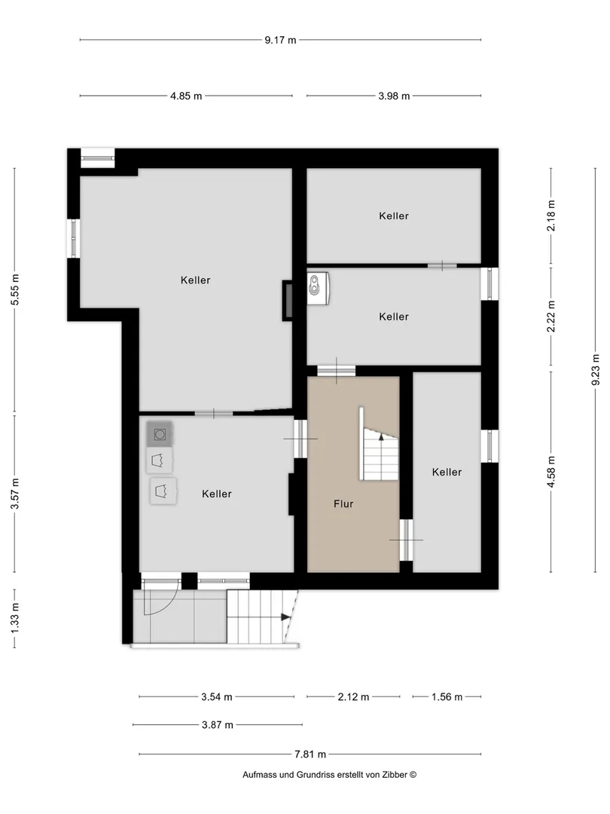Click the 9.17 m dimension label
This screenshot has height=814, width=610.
(x=280, y=40)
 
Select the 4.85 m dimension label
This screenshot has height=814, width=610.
(x=186, y=96)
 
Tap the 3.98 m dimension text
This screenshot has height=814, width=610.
(x=394, y=96)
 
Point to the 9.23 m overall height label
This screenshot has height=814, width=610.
(x=596, y=369)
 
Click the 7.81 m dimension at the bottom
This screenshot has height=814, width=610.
(x=310, y=754)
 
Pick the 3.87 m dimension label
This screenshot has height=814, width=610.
(x=218, y=725)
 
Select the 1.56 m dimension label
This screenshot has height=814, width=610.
(x=447, y=696)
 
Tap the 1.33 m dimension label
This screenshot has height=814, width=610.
(x=14, y=618)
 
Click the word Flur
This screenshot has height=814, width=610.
(x=343, y=503)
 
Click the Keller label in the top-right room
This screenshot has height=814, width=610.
(x=394, y=216)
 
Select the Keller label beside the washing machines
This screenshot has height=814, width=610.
(x=217, y=494)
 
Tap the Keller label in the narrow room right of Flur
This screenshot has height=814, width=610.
(x=447, y=472)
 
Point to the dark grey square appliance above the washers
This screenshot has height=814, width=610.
(x=160, y=433)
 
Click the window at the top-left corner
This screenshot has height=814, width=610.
(x=97, y=158)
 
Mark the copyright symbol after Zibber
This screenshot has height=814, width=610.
(x=413, y=775)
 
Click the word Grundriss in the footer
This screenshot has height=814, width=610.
(x=315, y=775)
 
